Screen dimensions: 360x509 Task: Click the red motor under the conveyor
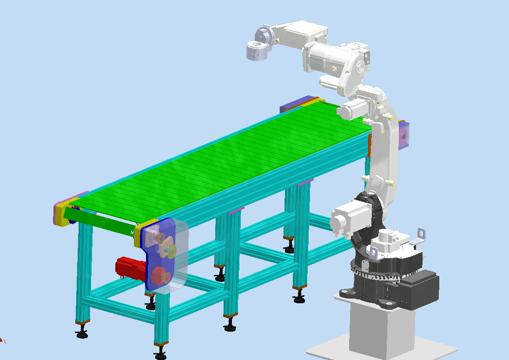129,268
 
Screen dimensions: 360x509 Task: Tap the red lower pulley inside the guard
158,275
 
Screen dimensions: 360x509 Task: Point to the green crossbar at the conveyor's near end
100,222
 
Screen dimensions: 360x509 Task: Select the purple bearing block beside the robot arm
403,135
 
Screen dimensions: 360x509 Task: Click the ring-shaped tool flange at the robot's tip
255,50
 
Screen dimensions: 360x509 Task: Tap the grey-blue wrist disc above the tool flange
263,34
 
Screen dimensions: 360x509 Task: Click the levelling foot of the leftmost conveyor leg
82,333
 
